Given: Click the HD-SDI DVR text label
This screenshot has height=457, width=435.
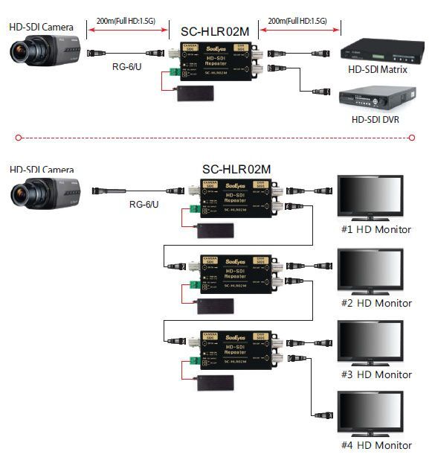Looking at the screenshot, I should pos(378,120).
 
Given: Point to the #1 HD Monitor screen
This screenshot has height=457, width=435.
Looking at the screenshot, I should pos(370,196).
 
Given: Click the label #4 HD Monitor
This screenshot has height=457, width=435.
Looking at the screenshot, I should pos(376,446).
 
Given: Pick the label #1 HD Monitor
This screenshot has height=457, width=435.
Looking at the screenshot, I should pos(376,229).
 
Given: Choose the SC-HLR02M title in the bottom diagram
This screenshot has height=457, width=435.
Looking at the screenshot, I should pos(236,170).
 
